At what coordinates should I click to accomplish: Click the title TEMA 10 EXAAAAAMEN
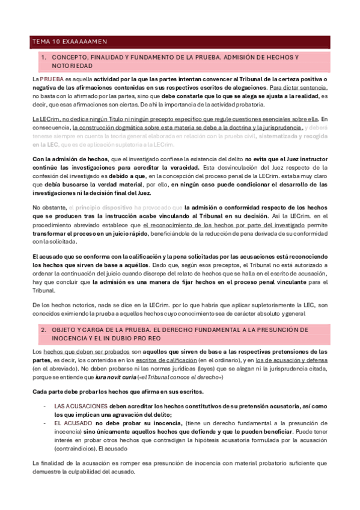(x=69, y=42)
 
